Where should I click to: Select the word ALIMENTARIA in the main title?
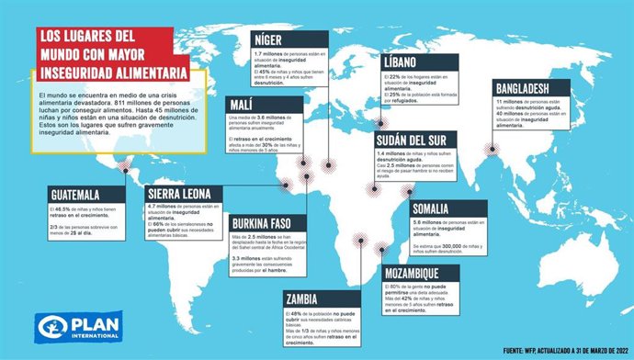click(142, 73)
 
